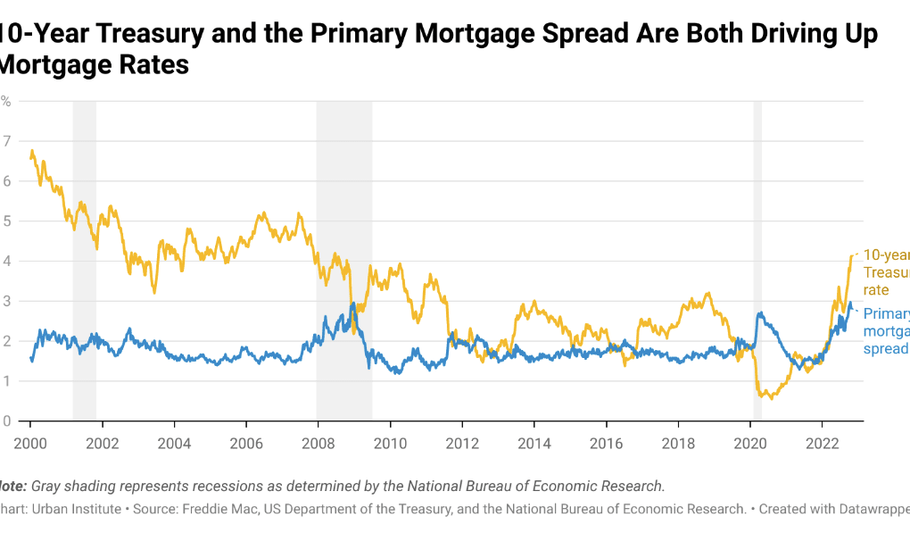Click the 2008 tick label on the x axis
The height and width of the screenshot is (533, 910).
tap(318, 443)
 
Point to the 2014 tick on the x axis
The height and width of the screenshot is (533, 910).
tap(534, 443)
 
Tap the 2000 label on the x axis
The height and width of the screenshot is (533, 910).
tap(30, 443)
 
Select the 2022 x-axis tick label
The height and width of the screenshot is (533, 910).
tap(822, 443)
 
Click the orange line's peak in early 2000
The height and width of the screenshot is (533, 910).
tap(32, 151)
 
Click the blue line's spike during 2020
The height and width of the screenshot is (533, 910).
tap(759, 312)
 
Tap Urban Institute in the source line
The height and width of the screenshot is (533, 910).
tap(76, 509)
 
